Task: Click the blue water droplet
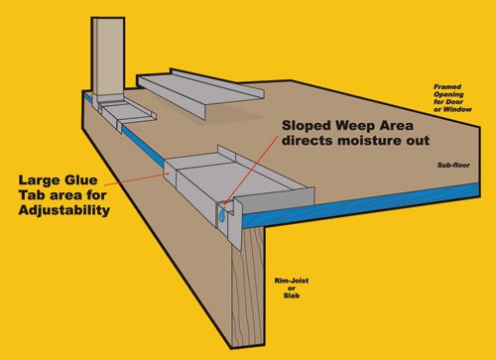[x=222, y=216]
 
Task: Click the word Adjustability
[x=64, y=210]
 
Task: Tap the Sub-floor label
[x=453, y=165]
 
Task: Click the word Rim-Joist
[x=292, y=281]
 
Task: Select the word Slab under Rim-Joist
[x=292, y=296]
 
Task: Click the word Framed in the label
[x=447, y=87]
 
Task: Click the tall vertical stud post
[x=108, y=57]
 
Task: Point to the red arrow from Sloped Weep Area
[x=251, y=171]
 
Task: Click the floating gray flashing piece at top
[x=200, y=92]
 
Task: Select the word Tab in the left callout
[x=31, y=195]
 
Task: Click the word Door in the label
[x=454, y=102]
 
